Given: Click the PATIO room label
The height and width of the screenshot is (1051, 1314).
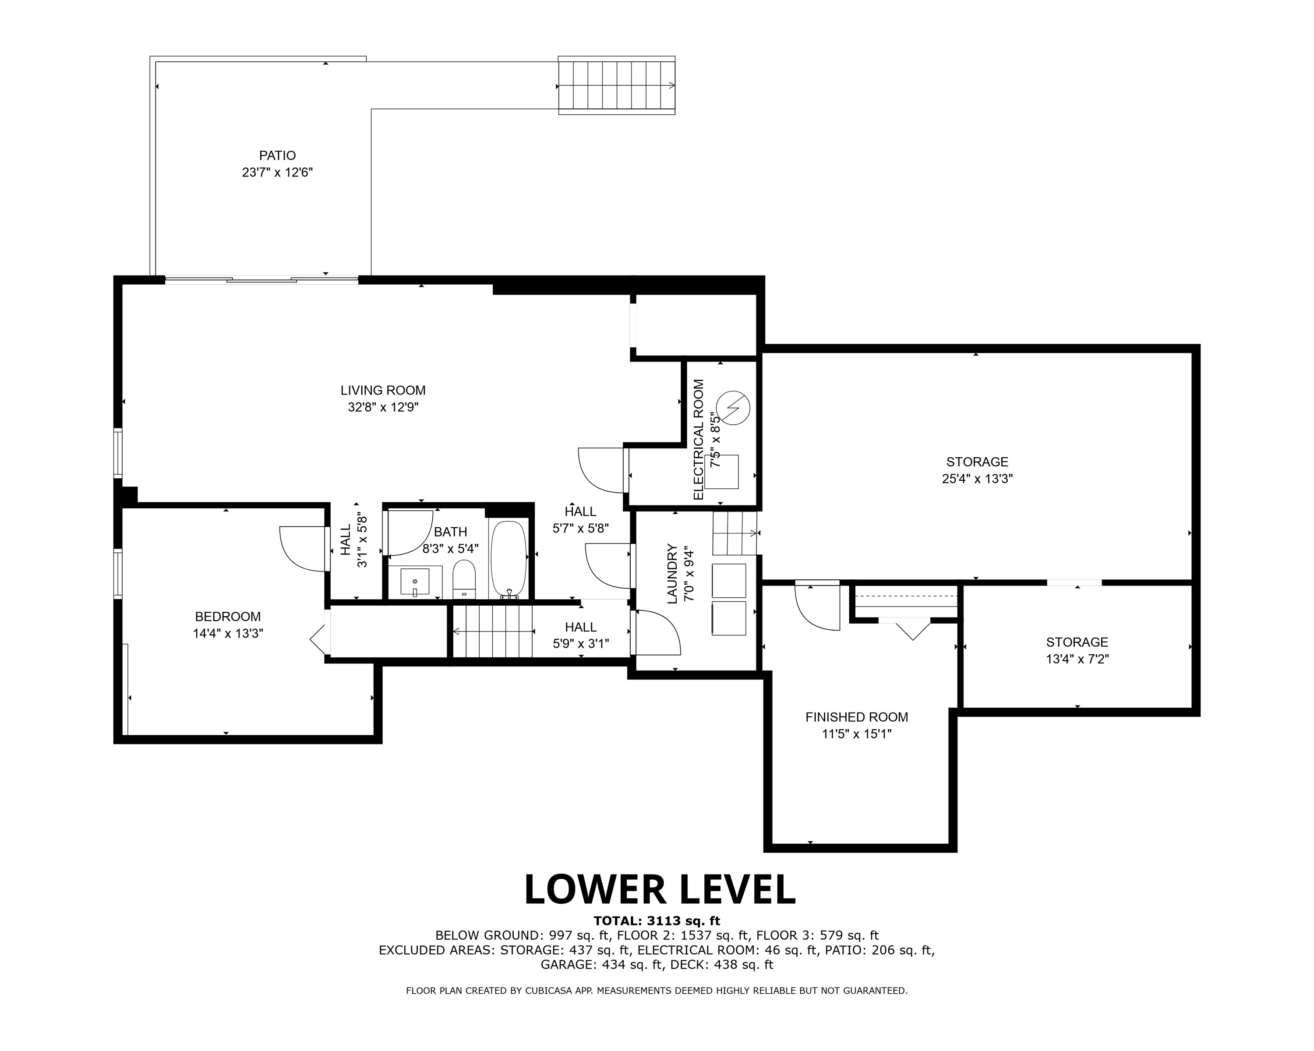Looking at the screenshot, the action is coord(277,156).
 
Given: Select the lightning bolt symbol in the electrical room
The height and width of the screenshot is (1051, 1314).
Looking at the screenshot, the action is coord(733,407).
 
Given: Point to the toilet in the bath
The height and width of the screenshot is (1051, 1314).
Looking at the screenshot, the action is coord(464,579).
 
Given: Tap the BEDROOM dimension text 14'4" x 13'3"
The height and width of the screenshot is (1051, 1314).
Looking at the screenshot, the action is coord(228,634).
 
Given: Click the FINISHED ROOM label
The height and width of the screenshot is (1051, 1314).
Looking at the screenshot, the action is coord(856,718).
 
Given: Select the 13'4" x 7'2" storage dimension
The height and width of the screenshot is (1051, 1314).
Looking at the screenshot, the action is coord(1077,659).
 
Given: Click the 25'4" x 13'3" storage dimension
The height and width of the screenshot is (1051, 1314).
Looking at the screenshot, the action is coord(977,479).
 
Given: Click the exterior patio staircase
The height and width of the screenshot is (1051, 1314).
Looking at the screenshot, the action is coord(617,85).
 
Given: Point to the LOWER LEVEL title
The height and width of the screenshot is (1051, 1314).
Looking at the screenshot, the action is coord(660,889).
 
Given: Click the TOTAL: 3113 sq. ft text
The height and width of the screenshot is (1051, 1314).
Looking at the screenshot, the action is coord(657,921).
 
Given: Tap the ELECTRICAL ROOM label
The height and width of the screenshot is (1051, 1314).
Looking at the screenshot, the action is coord(699,439).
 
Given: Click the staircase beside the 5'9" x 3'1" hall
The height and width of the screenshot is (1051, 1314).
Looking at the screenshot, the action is coord(492,631).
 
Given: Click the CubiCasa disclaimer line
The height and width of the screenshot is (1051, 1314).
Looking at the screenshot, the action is coord(657,991).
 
